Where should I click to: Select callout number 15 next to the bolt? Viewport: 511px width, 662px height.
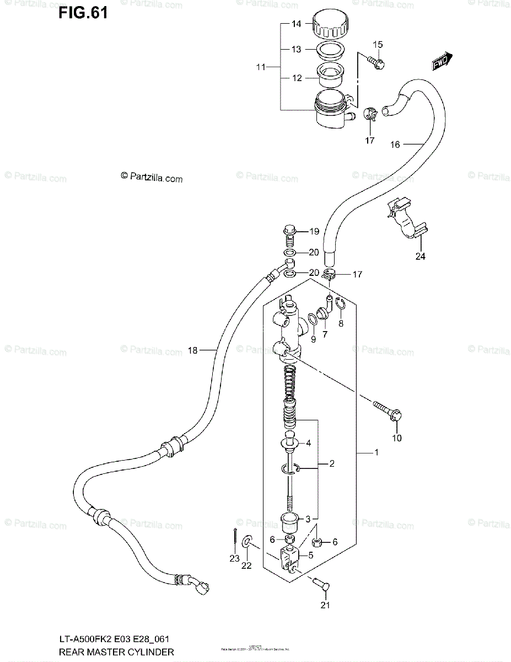(377, 45)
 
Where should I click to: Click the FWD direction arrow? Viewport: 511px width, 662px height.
(442, 61)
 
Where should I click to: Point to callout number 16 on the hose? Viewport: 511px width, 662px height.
(395, 145)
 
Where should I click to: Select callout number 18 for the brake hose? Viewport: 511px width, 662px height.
(192, 350)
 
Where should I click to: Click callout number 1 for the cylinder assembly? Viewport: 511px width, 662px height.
(376, 453)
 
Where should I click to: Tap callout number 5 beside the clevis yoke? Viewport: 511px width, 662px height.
(311, 556)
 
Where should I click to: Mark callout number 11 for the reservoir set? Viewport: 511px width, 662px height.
(261, 67)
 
